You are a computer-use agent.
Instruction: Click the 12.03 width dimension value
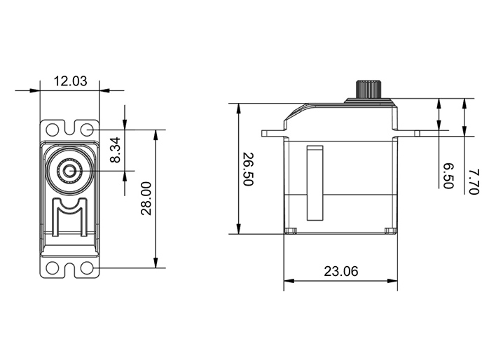click(x=70, y=81)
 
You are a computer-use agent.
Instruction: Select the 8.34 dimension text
click(x=115, y=150)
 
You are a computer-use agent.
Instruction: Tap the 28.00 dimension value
click(x=146, y=198)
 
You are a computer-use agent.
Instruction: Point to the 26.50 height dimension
click(x=248, y=169)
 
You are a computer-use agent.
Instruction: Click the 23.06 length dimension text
click(x=340, y=272)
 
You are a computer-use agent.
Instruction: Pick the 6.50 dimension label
click(x=448, y=176)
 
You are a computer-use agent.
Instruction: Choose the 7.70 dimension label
click(x=474, y=182)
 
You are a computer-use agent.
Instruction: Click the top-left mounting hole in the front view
click(x=53, y=130)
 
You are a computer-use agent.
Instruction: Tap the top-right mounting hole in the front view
click(x=87, y=130)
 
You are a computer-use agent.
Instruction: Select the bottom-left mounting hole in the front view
click(x=53, y=268)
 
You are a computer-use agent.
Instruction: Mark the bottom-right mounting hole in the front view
click(x=87, y=268)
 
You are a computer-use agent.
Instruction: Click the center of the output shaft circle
click(x=69, y=171)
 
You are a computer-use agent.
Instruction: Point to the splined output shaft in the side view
click(x=368, y=90)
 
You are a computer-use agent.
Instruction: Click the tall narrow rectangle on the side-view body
click(x=315, y=183)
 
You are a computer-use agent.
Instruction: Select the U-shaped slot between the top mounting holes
click(x=69, y=127)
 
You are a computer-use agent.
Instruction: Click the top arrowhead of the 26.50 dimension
click(x=238, y=109)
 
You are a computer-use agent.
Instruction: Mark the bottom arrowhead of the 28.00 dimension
click(x=156, y=263)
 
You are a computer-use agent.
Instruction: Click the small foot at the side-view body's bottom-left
click(x=291, y=231)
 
